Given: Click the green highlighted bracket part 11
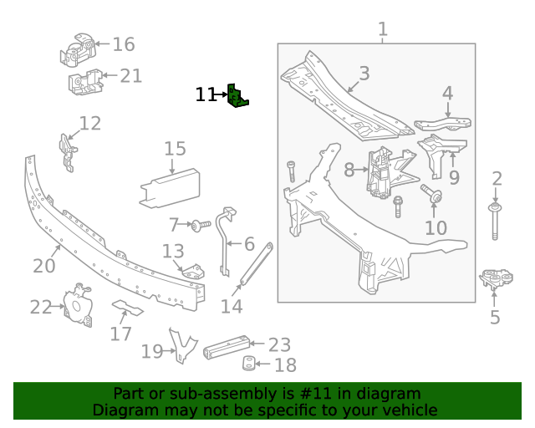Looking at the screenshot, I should [x=238, y=96].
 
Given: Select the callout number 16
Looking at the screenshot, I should [x=123, y=44].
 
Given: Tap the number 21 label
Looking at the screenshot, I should [x=130, y=76].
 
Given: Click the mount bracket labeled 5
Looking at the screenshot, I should [x=496, y=279].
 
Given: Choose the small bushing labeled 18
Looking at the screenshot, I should [x=248, y=364].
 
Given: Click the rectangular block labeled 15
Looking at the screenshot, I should [x=171, y=186].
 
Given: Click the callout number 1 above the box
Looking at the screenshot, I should [x=383, y=30].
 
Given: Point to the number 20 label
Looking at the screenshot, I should [x=43, y=266].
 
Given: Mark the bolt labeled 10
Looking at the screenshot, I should [x=435, y=196].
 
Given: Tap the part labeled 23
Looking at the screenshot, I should [x=227, y=344].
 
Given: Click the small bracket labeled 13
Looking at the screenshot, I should [x=194, y=273].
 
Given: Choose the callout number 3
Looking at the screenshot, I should [x=364, y=74].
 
